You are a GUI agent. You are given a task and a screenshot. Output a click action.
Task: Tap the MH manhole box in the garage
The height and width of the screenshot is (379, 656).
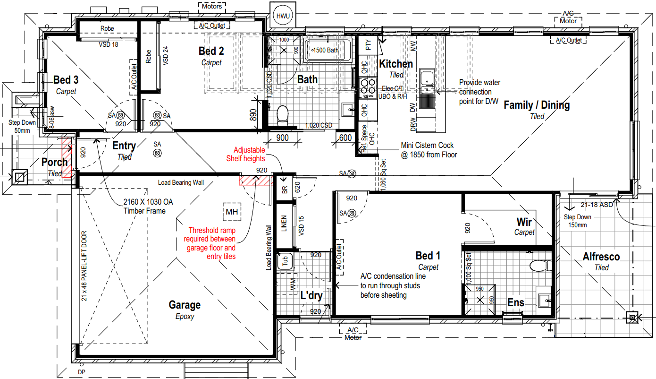tap(232, 212)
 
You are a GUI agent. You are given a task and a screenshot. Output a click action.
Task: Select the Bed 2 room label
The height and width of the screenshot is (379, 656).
tap(211, 51)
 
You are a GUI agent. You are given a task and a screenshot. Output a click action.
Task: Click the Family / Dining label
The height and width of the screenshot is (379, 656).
tap(537, 105)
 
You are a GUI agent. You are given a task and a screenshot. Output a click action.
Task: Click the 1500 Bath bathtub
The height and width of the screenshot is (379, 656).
tap(328, 50)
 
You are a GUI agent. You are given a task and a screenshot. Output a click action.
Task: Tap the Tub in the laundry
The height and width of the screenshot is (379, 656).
tap(286, 261)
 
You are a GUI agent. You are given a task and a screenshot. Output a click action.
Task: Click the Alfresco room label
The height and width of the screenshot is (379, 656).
tap(601, 257)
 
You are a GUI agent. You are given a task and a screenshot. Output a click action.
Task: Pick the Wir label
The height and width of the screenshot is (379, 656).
tap(524, 222)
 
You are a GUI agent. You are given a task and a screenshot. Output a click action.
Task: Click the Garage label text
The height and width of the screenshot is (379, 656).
tap(185, 305)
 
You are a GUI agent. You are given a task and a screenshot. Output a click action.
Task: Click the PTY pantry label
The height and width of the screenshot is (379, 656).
tap(368, 45)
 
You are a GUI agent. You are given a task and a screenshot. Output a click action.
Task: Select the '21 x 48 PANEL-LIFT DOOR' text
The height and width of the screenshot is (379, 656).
tap(84, 266)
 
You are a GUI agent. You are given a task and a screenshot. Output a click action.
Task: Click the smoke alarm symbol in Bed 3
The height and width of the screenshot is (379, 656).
tap(120, 115)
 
